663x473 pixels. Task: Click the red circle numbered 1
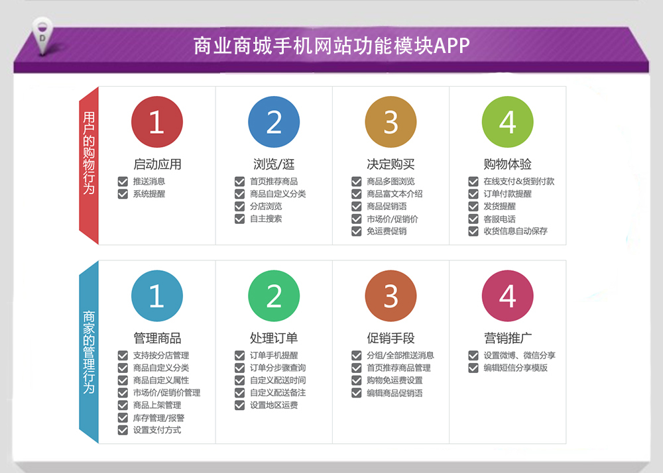coord(157,122)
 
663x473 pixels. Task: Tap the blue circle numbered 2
coord(274,122)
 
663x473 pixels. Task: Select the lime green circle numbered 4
coord(507,122)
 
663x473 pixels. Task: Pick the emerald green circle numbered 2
coord(274,295)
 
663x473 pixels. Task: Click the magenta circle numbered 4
coord(507,295)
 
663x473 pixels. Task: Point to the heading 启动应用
coord(157,164)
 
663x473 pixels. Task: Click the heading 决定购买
coord(391,164)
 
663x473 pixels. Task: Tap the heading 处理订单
coord(274,338)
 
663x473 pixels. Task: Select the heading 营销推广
coord(507,338)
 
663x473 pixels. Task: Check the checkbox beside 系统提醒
coord(123,194)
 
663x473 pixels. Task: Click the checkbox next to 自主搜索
coord(240,219)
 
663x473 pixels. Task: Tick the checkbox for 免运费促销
coord(357,231)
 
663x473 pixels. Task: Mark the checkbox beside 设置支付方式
coord(123,430)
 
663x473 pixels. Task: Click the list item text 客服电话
coord(499,219)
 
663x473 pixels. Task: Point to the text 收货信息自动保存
coord(515,231)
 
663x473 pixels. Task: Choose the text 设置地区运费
coord(274,405)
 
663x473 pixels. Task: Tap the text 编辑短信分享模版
coord(515,368)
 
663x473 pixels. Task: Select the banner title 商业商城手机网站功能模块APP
coord(331,46)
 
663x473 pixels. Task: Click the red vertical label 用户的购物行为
coord(89,153)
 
